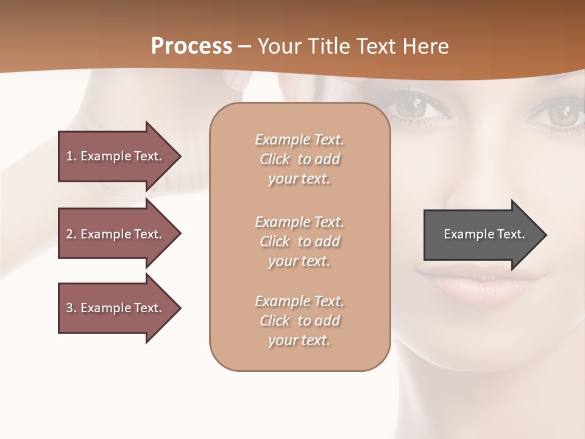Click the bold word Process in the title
191,46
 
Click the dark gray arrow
481,235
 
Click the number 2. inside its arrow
71,234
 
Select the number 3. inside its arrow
71,308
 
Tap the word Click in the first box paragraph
275,159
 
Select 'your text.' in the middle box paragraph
299,261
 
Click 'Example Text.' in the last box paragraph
299,301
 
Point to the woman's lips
475,284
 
